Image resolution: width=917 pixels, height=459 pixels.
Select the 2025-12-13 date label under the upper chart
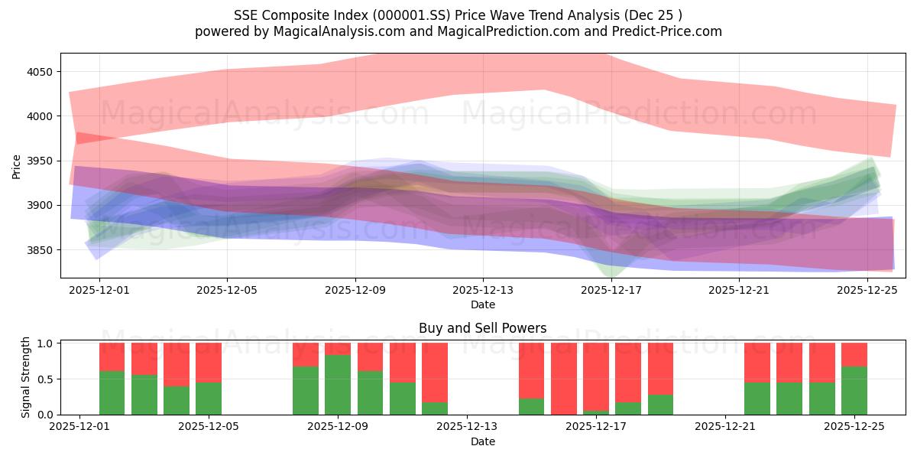pos(483,290)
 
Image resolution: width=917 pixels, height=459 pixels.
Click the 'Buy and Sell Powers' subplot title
pos(482,328)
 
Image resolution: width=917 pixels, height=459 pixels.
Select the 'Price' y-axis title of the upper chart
pos(17,166)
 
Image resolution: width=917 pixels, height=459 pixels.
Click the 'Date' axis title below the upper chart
pos(482,304)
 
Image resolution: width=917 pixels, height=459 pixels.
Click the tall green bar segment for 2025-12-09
pos(338,385)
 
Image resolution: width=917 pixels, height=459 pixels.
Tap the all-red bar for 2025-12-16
pos(564,379)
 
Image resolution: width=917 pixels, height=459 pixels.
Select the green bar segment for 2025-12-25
pos(854,391)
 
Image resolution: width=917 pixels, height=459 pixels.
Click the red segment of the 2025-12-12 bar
pos(435,371)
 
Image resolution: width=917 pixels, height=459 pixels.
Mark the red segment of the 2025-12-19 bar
pos(660,369)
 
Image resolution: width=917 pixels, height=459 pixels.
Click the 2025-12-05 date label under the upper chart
pos(227,290)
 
